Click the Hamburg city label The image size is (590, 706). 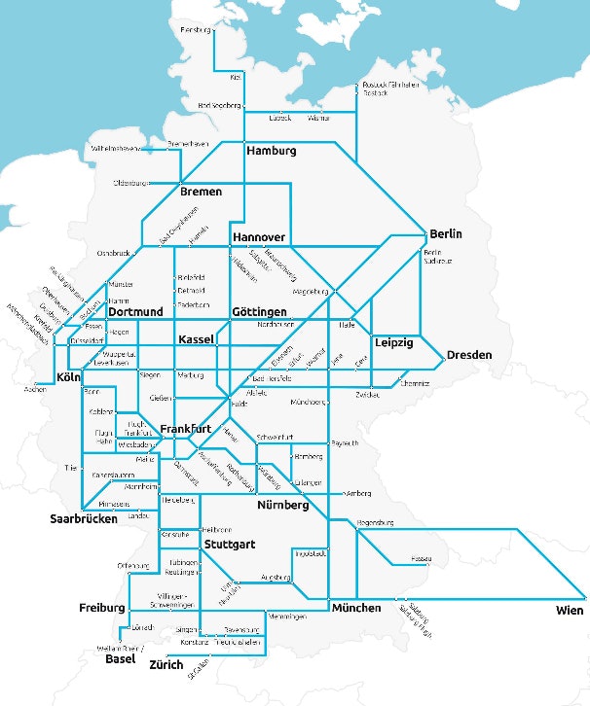(x=271, y=152)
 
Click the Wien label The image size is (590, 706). (x=570, y=611)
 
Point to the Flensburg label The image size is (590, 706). (x=196, y=30)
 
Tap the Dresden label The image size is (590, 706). (x=469, y=355)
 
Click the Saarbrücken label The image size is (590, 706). (x=84, y=519)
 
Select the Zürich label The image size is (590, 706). (x=166, y=667)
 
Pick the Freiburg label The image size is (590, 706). (x=102, y=608)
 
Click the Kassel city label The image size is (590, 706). (x=202, y=339)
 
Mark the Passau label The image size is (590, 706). (x=422, y=560)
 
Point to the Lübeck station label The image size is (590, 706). (x=280, y=119)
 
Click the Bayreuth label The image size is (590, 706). (x=345, y=443)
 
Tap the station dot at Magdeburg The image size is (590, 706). (x=335, y=290)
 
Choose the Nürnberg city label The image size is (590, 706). (x=282, y=507)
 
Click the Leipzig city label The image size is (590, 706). (x=394, y=343)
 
